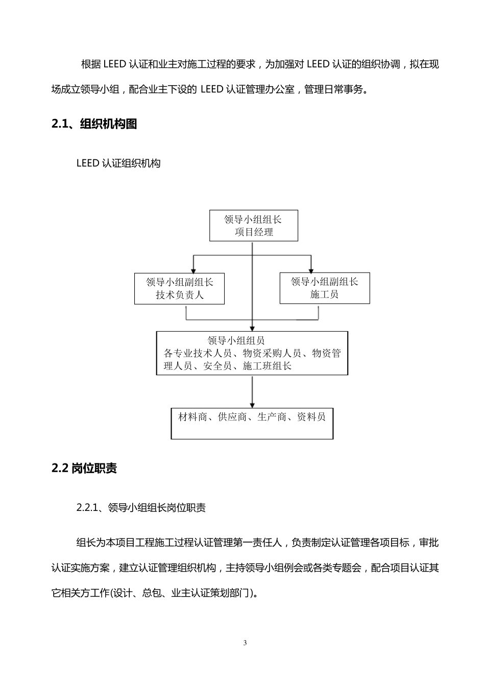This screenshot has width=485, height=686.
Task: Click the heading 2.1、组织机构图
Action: [94, 124]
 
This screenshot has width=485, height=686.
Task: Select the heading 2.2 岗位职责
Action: [84, 468]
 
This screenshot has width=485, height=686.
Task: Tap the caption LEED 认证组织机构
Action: [118, 163]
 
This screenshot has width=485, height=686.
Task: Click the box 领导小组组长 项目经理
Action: [253, 226]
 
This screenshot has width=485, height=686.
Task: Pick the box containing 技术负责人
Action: [179, 288]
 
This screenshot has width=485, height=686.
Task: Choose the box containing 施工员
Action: [324, 288]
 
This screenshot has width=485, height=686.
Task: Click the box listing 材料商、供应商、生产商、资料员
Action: [252, 423]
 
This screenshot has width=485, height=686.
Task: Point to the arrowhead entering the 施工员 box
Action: [311, 269]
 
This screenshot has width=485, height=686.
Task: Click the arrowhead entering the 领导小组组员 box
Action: [252, 328]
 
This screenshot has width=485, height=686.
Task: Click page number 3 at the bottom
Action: [245, 643]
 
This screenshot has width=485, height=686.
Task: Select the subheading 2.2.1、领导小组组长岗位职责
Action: [141, 507]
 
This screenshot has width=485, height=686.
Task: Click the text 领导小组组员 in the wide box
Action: [236, 340]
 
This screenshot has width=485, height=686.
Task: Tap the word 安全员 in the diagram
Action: [217, 366]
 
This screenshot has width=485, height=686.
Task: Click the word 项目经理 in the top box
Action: [254, 232]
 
